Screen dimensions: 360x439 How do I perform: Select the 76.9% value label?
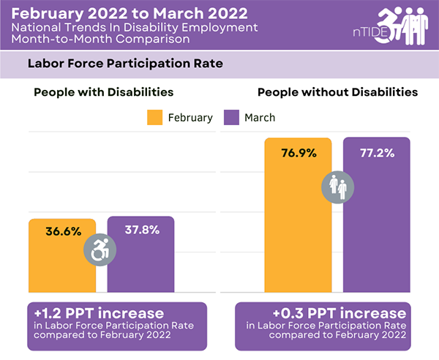point(299,153)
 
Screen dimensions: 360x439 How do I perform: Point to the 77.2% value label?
point(376,153)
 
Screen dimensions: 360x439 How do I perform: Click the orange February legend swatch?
point(154,117)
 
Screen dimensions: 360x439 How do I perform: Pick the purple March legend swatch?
point(232,117)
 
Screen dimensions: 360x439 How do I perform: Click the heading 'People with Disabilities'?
point(103,93)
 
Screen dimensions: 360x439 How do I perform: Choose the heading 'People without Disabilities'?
point(337,93)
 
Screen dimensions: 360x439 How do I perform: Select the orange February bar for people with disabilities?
point(62,263)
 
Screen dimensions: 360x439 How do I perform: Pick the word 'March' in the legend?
point(260,117)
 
